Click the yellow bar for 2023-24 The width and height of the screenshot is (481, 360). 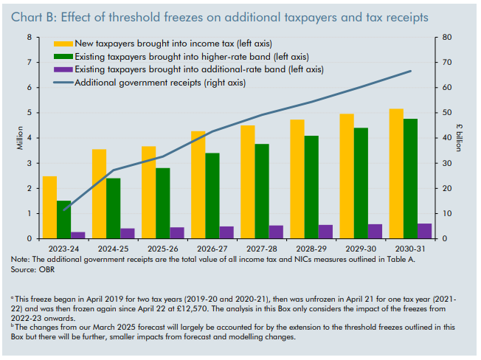[x=49, y=207]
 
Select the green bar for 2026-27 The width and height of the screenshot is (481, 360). [x=212, y=195]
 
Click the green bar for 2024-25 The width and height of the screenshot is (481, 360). [x=113, y=208]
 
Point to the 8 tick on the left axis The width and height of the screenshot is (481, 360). [x=29, y=37]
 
